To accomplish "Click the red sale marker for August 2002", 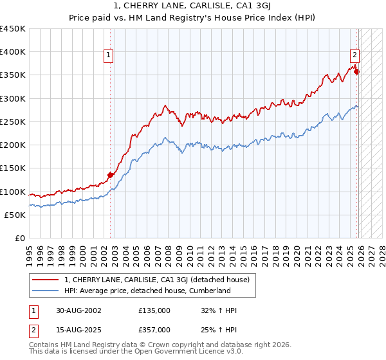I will (x=110, y=175).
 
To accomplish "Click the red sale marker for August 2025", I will (x=356, y=72).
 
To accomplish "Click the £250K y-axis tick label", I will (x=13, y=122).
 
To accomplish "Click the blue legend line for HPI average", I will (x=46, y=291).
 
